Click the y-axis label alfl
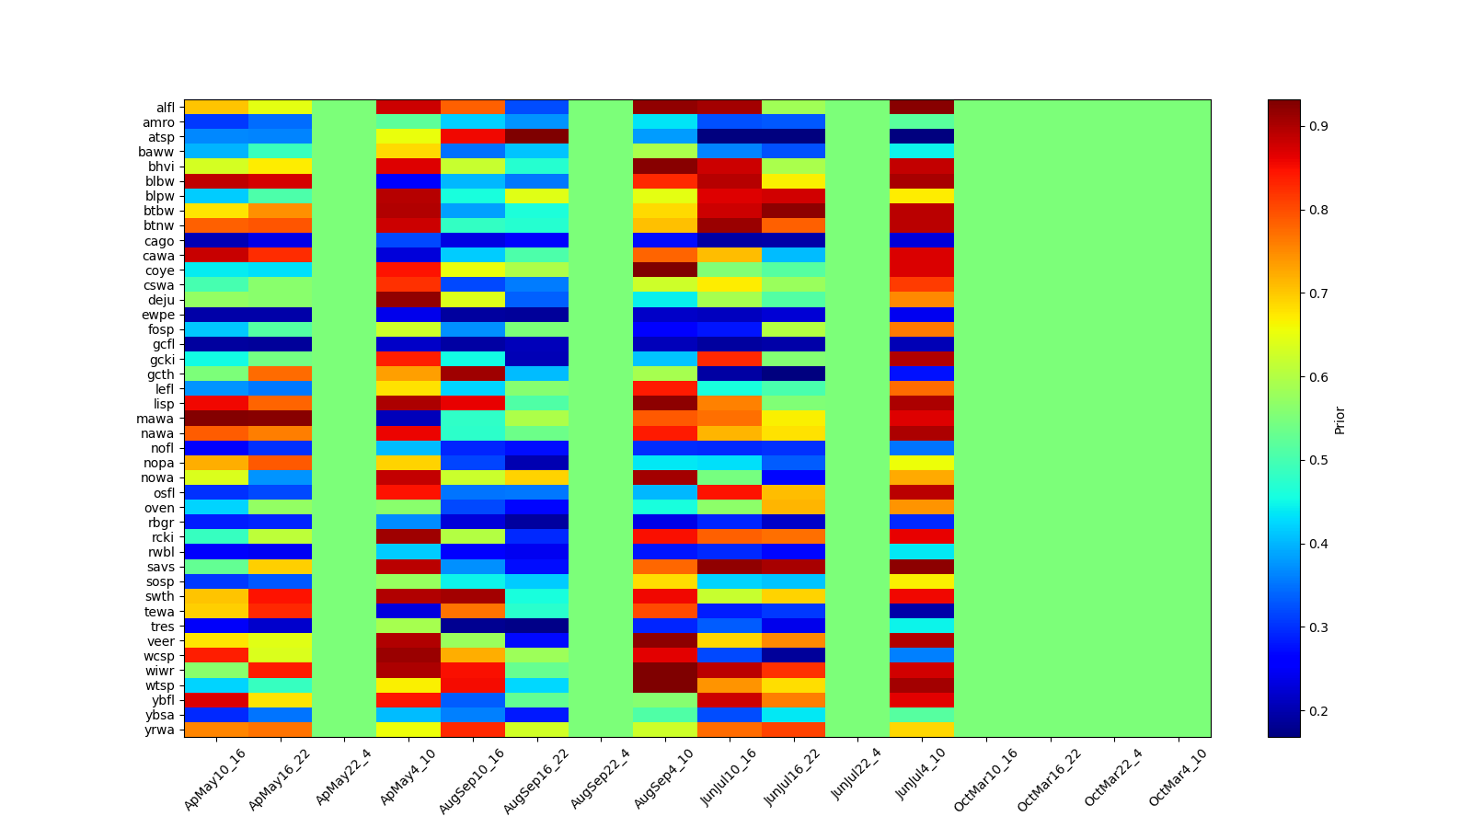[x=164, y=108]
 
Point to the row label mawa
[x=160, y=419]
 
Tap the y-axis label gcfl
[x=163, y=344]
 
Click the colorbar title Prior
[x=1340, y=420]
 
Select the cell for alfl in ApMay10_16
[x=216, y=108]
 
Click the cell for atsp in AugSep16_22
[x=536, y=137]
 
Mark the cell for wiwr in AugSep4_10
[x=665, y=671]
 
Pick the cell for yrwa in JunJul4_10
[x=922, y=730]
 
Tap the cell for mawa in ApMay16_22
[x=280, y=419]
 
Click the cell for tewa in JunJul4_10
[x=922, y=611]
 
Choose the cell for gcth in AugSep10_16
[x=473, y=374]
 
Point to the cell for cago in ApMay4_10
[x=408, y=241]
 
